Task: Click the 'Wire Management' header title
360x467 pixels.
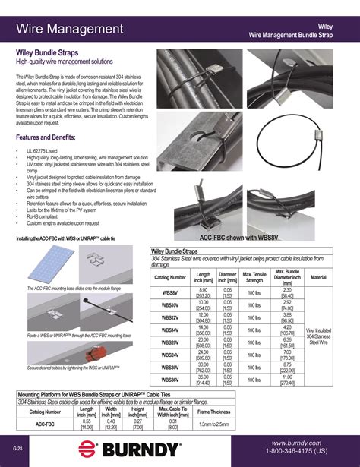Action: pos(70,29)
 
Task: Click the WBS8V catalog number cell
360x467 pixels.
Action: pos(170,292)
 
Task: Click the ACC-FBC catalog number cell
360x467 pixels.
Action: pos(45,424)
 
